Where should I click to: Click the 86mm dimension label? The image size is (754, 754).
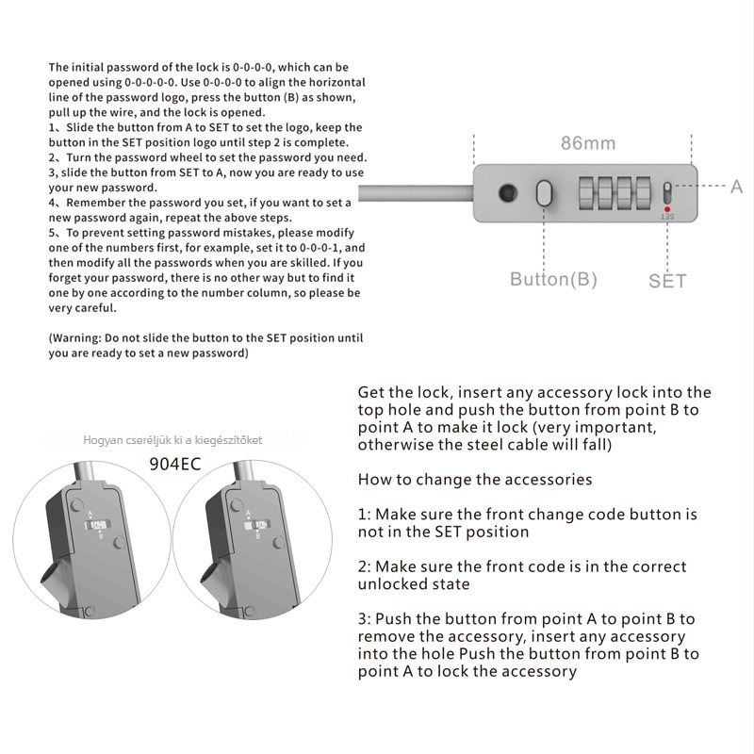click(588, 143)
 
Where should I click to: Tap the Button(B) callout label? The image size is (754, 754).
click(553, 279)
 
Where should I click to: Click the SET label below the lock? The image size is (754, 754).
click(667, 280)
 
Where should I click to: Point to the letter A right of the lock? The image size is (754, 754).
click(736, 187)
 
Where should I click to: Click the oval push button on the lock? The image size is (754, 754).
click(544, 192)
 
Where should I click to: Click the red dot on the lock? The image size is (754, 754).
click(667, 209)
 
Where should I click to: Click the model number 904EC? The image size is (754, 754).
click(175, 463)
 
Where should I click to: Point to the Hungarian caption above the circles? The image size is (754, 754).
click(172, 440)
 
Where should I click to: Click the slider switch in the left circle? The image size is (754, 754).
click(99, 526)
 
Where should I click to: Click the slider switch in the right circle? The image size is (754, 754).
click(252, 526)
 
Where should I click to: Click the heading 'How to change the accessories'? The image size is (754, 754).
click(475, 480)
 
